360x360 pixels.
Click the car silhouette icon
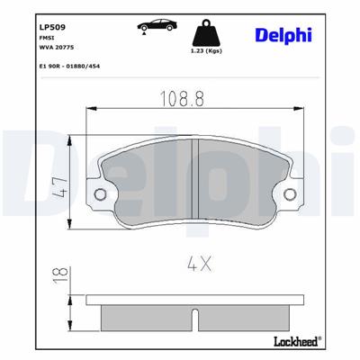156,28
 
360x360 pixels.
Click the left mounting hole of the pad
101,194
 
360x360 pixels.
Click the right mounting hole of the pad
289,194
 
